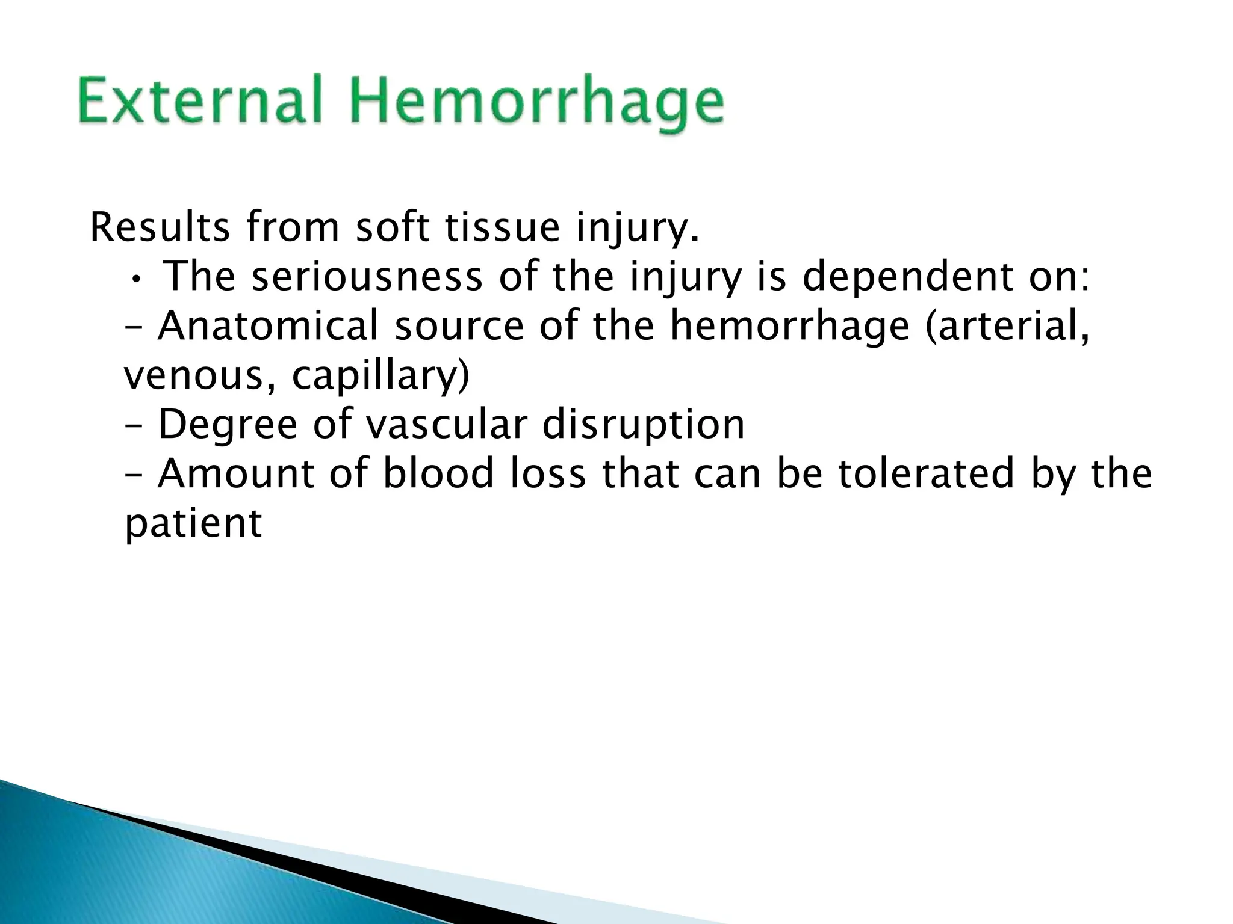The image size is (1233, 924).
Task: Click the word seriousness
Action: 367,277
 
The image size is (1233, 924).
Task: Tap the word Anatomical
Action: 269,327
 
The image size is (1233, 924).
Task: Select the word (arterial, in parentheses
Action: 1007,327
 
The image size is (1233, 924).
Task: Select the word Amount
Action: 235,474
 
